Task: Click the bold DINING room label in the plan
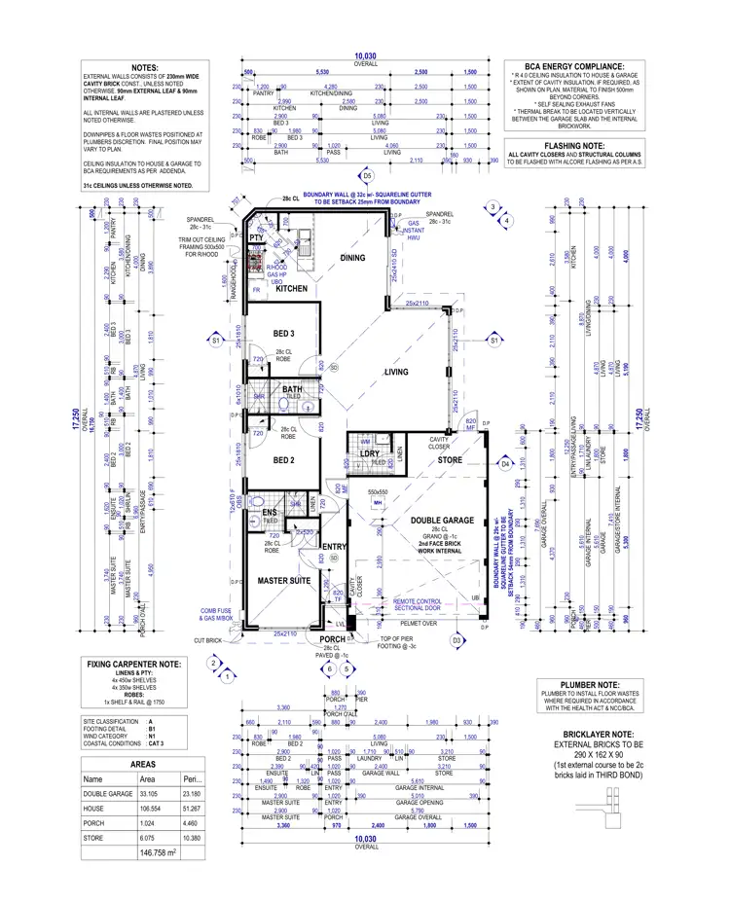click(x=352, y=258)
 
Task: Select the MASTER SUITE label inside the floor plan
click(x=283, y=581)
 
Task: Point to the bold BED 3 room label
click(x=283, y=335)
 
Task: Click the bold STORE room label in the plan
click(x=449, y=459)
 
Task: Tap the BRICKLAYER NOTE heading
click(x=599, y=735)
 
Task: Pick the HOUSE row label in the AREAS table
click(x=95, y=809)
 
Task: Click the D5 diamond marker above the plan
click(x=367, y=176)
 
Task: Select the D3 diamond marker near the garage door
click(x=456, y=640)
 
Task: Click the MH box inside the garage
click(x=378, y=504)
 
